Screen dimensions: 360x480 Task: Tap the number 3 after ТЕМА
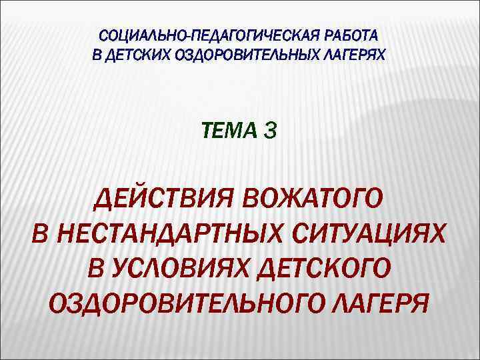pyautogui.click(x=270, y=132)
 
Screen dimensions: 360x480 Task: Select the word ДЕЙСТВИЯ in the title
pyautogui.click(x=162, y=199)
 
